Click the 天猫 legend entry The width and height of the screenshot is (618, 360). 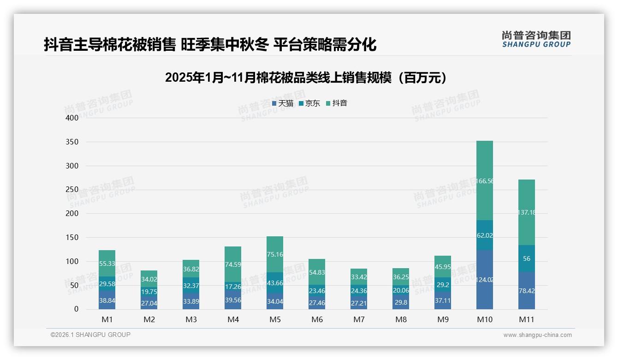(283, 103)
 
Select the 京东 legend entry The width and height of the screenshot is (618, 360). (309, 103)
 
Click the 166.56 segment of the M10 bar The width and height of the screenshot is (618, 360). (484, 181)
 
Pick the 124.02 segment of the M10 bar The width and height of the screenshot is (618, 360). (484, 280)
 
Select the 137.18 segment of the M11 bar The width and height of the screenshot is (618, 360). (526, 212)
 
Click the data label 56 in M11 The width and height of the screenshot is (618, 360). (526, 259)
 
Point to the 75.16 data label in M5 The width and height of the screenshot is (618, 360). (275, 254)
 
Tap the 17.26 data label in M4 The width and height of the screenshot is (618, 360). (233, 287)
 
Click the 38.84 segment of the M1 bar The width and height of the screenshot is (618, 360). (107, 300)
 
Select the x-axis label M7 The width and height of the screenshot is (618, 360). (359, 319)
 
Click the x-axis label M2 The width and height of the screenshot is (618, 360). (149, 319)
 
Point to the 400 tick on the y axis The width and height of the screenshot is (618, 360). (72, 118)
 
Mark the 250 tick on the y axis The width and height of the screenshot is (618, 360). (72, 190)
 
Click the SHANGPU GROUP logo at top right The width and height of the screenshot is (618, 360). (536, 39)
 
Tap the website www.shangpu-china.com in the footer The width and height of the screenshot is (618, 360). (537, 335)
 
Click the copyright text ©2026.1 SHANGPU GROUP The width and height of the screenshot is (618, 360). (90, 335)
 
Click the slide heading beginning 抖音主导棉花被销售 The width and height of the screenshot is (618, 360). (210, 45)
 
